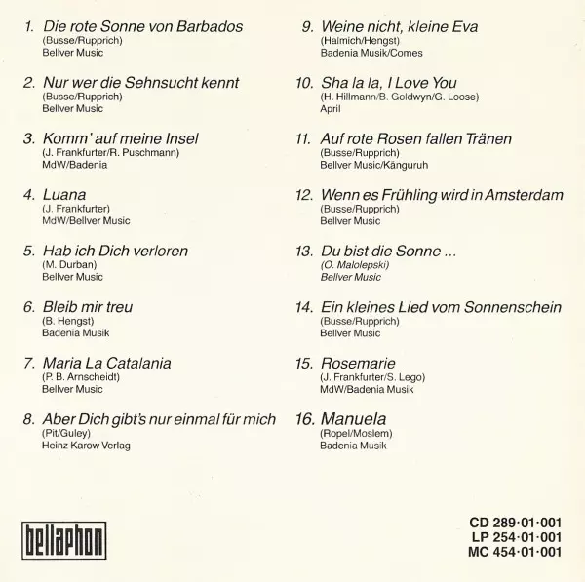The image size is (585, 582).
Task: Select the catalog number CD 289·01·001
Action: pos(515,523)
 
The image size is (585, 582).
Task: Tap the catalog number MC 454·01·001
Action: pos(515,553)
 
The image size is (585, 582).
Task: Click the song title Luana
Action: pos(64,194)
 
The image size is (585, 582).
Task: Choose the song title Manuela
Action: pos(353,418)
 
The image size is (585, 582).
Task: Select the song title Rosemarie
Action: pos(358,363)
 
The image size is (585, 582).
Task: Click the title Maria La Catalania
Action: pos(107,363)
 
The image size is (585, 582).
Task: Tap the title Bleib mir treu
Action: pos(88,307)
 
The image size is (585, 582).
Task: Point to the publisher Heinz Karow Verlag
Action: pos(86,446)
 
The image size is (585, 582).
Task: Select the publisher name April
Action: pos(331,110)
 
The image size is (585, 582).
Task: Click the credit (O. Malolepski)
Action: pos(354,265)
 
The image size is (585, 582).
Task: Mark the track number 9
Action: pos(307,27)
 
